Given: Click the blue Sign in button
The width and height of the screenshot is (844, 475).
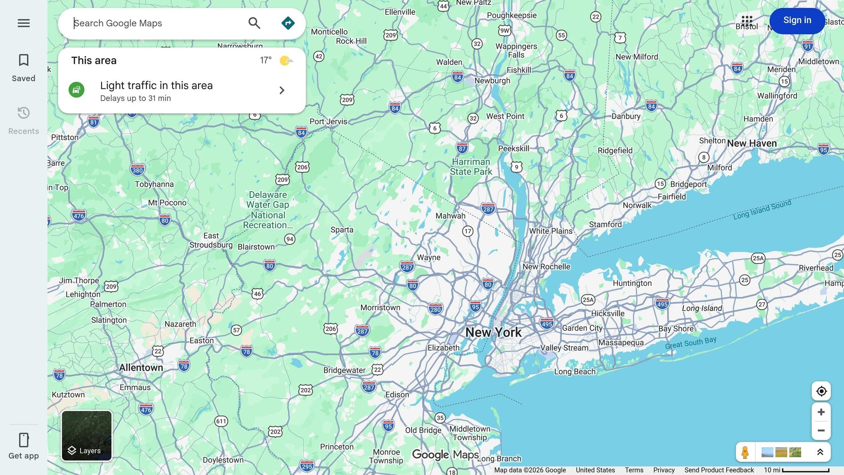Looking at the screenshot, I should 797,21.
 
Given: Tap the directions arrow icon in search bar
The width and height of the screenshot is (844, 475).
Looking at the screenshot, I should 288,23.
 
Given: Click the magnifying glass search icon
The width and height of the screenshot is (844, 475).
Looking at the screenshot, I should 254,23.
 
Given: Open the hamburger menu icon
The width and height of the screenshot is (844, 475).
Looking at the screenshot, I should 23,23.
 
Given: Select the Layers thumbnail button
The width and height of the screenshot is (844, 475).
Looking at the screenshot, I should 87,436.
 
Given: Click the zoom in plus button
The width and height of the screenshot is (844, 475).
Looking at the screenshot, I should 821,412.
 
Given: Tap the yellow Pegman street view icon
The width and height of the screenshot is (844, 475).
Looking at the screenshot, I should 745,452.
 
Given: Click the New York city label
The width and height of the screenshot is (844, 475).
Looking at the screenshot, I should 493,332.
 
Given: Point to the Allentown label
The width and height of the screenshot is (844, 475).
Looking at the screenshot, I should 141,367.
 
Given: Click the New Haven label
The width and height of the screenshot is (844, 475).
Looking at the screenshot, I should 752,143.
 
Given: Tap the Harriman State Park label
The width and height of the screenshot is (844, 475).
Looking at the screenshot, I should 471,167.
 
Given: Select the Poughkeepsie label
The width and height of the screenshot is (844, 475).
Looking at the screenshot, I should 511,15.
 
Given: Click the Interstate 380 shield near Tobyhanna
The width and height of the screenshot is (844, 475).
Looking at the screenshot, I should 137,170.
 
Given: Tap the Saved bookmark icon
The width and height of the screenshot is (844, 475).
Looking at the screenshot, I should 23,60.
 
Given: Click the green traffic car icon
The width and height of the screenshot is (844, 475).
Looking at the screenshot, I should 76,90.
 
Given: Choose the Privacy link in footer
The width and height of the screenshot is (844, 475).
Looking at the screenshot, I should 663,470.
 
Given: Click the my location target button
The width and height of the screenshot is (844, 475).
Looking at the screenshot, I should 821,391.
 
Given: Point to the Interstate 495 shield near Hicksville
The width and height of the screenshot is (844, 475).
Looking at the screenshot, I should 662,304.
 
